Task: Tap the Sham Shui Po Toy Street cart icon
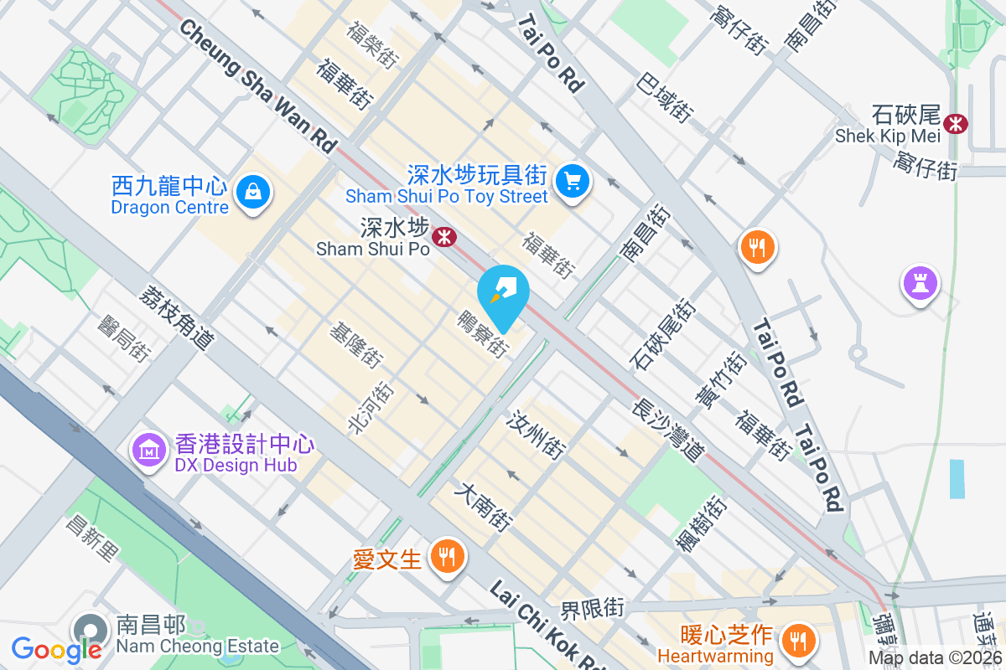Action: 573,180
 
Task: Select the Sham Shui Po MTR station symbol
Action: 443,238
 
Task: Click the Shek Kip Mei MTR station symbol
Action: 955,124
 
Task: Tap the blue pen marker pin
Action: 503,294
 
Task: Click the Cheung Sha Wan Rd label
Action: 257,86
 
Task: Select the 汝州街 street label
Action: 536,435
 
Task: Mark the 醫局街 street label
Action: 122,338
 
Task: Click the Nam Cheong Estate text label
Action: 197,646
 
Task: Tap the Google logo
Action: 56,649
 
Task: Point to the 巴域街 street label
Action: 665,97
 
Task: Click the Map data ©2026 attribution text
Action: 935,657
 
